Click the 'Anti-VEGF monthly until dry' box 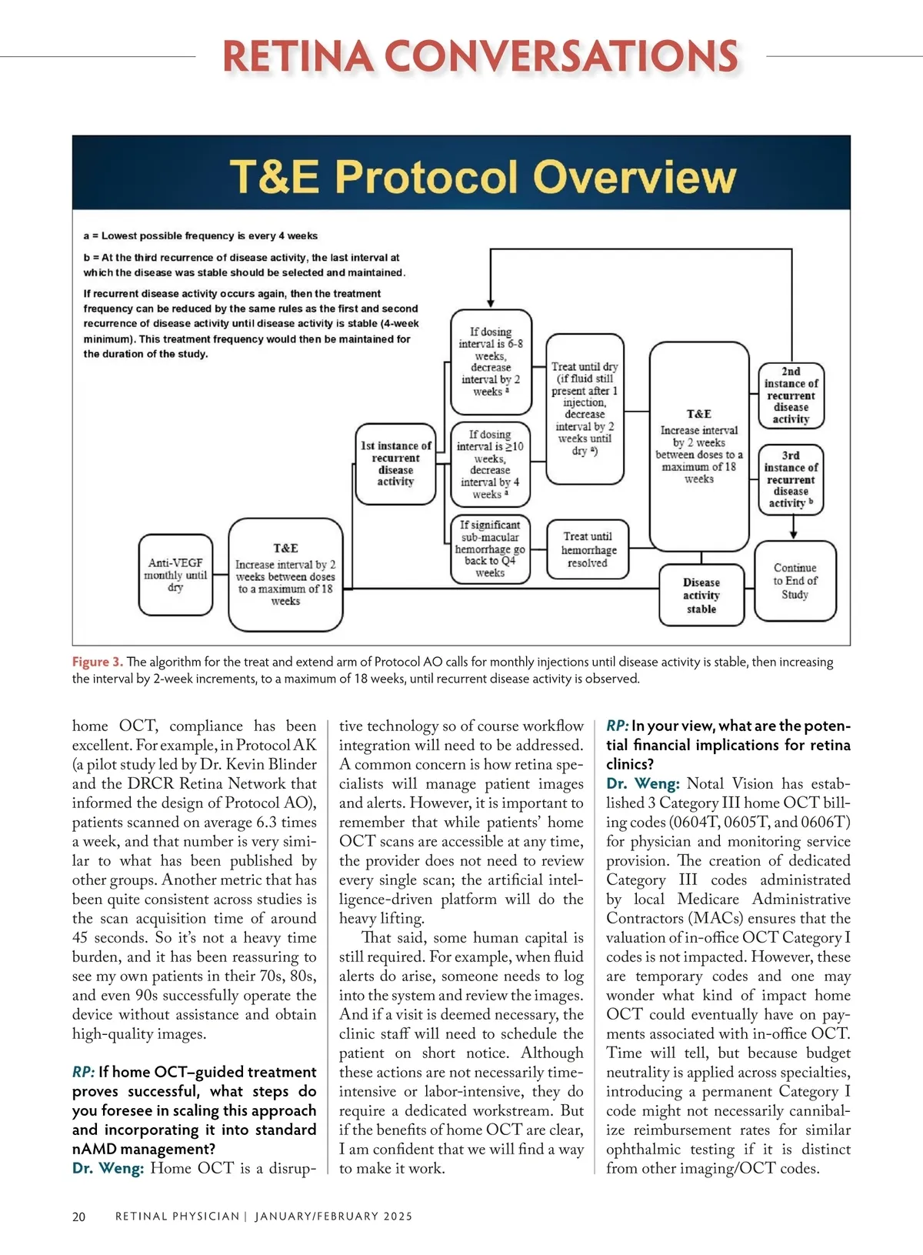pyautogui.click(x=176, y=575)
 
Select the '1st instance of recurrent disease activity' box pyautogui.click(x=396, y=463)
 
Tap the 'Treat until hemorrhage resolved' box pyautogui.click(x=588, y=549)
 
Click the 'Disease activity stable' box pyautogui.click(x=701, y=596)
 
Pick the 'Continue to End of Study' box pyautogui.click(x=795, y=581)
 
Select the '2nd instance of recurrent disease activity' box pyautogui.click(x=791, y=396)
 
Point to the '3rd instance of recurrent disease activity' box pyautogui.click(x=791, y=479)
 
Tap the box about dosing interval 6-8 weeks pyautogui.click(x=491, y=362)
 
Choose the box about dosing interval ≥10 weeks pyautogui.click(x=490, y=464)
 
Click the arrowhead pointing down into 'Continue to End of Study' pyautogui.click(x=794, y=534)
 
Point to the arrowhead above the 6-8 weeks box pyautogui.click(x=491, y=304)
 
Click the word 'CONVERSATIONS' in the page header pyautogui.click(x=561, y=56)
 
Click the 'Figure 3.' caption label pyautogui.click(x=98, y=662)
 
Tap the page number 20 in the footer pyautogui.click(x=79, y=1217)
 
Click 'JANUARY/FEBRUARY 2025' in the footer pyautogui.click(x=334, y=1217)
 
